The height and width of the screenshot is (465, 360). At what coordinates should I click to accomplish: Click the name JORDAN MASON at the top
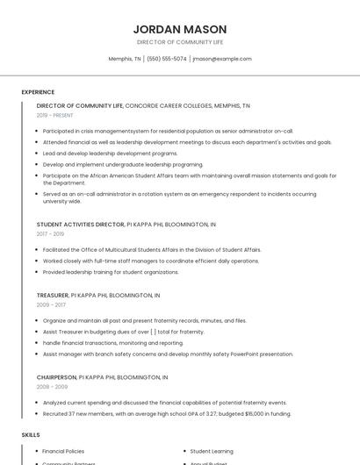[180, 29]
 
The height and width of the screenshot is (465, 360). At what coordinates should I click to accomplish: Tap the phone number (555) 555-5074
[167, 59]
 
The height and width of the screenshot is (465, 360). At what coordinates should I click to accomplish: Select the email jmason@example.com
[222, 59]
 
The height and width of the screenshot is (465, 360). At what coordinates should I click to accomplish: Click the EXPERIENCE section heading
[38, 92]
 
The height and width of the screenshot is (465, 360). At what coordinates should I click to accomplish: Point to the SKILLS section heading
[31, 434]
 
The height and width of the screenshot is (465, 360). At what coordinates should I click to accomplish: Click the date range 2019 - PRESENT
[55, 115]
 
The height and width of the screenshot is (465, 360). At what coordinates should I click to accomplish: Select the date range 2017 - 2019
[50, 234]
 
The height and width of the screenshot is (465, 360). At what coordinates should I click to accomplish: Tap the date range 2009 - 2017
[50, 304]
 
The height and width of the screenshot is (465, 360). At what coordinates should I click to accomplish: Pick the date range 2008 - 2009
[52, 386]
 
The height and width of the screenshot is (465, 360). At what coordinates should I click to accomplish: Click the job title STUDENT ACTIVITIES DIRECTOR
[81, 225]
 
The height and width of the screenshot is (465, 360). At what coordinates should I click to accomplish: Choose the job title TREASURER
[52, 295]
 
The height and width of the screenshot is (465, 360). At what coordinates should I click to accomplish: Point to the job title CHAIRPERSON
[56, 376]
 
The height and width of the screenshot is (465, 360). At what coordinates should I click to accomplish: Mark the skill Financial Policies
[63, 451]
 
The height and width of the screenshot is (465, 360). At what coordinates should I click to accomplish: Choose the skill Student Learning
[212, 451]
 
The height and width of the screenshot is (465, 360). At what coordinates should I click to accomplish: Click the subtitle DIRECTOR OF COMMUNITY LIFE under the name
[180, 42]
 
